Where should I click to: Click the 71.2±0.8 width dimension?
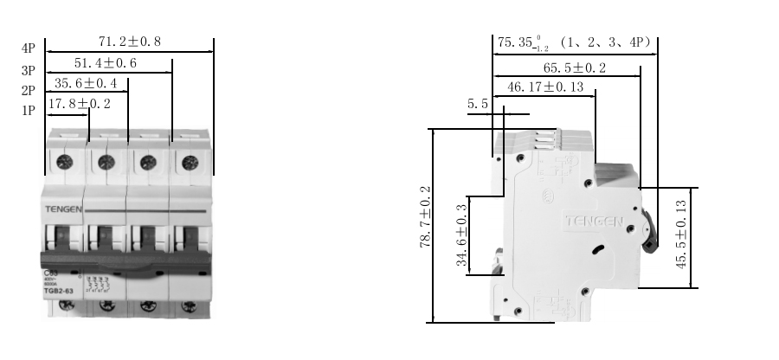pyautogui.click(x=130, y=41)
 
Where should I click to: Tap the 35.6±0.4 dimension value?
pyautogui.click(x=85, y=83)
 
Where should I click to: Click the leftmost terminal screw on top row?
pyautogui.click(x=63, y=162)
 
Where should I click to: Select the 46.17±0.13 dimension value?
pyautogui.click(x=544, y=87)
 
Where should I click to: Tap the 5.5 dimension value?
pyautogui.click(x=478, y=104)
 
